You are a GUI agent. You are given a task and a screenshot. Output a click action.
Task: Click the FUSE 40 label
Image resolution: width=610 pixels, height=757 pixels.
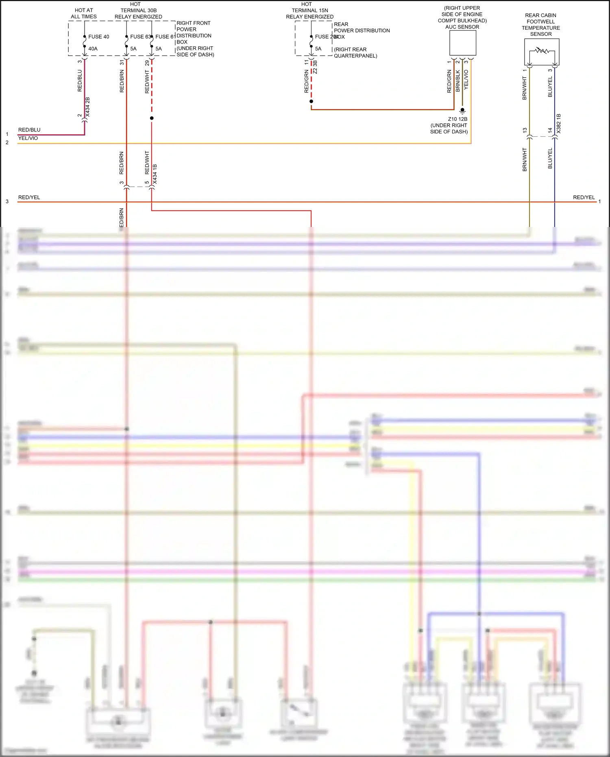pyautogui.click(x=98, y=37)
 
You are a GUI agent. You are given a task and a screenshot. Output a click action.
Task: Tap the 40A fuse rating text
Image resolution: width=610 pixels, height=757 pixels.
pyautogui.click(x=93, y=49)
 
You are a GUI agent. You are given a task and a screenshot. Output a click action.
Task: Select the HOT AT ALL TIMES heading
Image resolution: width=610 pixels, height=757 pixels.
pyautogui.click(x=84, y=13)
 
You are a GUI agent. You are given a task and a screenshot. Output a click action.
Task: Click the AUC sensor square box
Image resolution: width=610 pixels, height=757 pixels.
pyautogui.click(x=462, y=43)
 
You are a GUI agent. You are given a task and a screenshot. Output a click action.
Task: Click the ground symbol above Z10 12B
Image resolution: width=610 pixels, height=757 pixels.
pyautogui.click(x=462, y=111)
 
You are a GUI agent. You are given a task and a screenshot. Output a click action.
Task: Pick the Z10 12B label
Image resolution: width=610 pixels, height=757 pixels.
pyautogui.click(x=457, y=119)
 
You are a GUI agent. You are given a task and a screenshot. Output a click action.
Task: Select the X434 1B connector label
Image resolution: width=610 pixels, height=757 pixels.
pyautogui.click(x=155, y=174)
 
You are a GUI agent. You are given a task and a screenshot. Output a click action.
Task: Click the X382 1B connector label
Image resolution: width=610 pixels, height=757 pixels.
pyautogui.click(x=559, y=124)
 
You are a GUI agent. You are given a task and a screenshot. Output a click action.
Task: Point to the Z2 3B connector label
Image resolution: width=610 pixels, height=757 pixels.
pyautogui.click(x=315, y=67)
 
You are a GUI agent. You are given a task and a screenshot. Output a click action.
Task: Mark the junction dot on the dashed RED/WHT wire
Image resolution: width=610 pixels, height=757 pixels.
pyautogui.click(x=152, y=118)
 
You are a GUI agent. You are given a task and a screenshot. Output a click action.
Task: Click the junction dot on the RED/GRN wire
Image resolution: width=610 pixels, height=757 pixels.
pyautogui.click(x=311, y=101)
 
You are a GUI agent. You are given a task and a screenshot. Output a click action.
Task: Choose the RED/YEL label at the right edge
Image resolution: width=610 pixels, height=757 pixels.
pyautogui.click(x=584, y=197)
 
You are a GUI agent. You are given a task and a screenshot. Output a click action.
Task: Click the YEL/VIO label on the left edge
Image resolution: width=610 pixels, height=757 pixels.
pyautogui.click(x=28, y=138)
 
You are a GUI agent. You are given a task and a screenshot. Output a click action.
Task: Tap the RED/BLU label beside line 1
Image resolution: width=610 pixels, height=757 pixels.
pyautogui.click(x=29, y=130)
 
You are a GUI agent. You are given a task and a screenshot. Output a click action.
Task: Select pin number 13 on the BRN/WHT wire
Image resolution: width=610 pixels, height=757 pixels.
pyautogui.click(x=525, y=131)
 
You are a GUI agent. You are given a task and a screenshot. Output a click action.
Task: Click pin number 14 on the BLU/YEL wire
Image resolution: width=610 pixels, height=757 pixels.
pyautogui.click(x=550, y=131)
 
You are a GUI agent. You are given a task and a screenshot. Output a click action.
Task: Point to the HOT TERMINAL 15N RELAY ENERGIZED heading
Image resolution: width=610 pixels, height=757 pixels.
pyautogui.click(x=309, y=11)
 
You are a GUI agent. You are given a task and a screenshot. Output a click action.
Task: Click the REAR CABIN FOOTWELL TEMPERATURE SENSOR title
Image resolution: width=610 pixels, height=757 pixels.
pyautogui.click(x=541, y=25)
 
